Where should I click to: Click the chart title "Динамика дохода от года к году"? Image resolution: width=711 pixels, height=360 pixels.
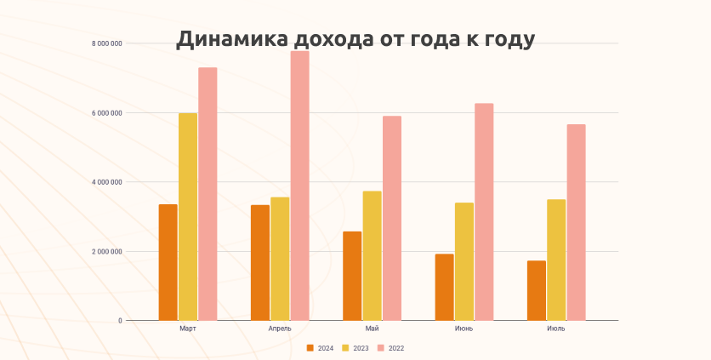click(355, 40)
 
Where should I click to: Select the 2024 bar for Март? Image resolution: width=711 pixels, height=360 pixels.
click(168, 262)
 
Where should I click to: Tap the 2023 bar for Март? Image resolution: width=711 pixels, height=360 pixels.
click(188, 216)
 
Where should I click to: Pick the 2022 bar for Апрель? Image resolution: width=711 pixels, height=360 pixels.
click(299, 186)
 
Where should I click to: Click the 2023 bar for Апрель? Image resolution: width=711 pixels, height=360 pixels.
click(280, 259)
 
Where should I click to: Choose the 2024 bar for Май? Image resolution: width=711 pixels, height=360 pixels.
click(352, 276)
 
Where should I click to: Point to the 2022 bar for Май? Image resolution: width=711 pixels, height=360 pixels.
click(391, 218)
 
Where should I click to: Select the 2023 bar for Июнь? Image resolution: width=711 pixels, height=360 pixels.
click(464, 261)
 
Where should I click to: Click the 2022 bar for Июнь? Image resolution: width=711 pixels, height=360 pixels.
click(484, 212)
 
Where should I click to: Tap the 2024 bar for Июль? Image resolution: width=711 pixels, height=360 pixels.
click(537, 290)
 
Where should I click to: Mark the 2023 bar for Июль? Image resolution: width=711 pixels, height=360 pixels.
click(556, 260)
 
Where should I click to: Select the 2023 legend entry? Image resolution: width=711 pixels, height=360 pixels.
click(356, 348)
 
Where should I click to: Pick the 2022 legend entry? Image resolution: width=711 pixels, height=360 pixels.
click(391, 348)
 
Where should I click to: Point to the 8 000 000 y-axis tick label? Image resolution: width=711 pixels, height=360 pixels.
click(107, 43)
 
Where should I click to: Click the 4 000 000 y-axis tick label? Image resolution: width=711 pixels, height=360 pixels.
click(107, 182)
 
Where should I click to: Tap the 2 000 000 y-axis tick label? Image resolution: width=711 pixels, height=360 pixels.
click(107, 252)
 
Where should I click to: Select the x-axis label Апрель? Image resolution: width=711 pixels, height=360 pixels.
click(280, 329)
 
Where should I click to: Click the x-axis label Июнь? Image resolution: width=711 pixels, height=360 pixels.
click(464, 329)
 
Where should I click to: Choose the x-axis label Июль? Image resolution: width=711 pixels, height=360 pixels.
click(556, 329)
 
